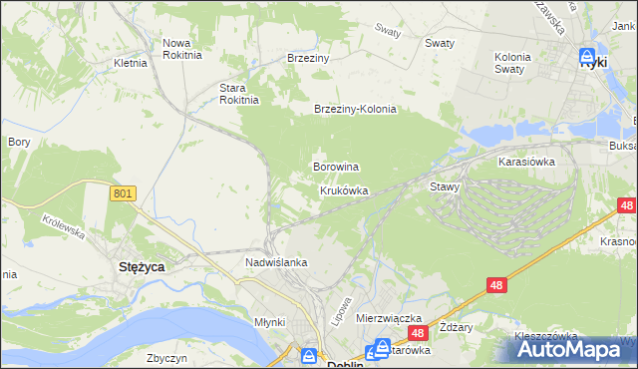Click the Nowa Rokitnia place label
[182, 49]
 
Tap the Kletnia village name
[131, 63]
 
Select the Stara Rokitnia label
[239, 93]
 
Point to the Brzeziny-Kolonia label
[355, 110]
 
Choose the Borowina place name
[336, 167]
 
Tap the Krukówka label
[344, 189]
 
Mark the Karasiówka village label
[526, 160]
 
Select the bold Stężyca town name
[143, 267]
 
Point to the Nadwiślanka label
[276, 262]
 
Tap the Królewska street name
[61, 224]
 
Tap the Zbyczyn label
[167, 358]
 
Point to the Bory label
[19, 143]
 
